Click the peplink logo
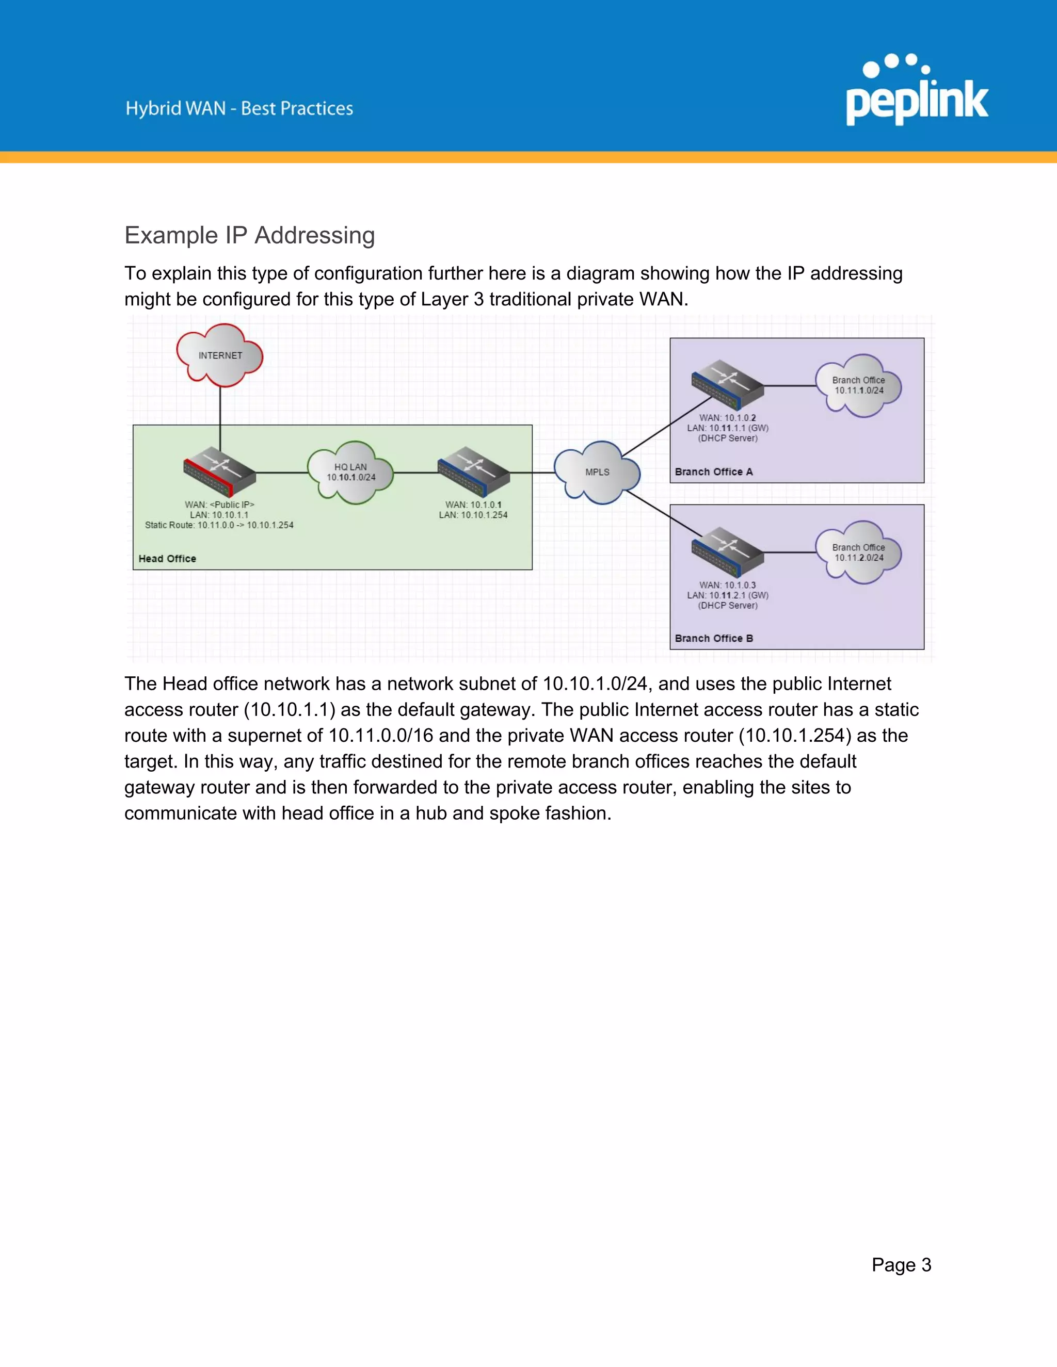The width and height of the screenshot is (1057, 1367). (917, 91)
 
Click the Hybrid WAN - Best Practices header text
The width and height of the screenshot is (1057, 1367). (239, 108)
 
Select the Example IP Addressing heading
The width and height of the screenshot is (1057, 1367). (249, 235)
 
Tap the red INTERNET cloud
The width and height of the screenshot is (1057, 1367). (220, 355)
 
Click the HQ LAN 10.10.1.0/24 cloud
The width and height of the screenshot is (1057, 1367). (350, 473)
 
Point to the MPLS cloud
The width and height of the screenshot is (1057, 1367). (597, 473)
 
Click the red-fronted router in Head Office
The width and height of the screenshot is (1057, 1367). (219, 472)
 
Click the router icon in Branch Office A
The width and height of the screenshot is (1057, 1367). (727, 385)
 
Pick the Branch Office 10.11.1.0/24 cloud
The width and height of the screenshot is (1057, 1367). (858, 385)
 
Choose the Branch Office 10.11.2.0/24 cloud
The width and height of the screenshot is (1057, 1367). (858, 552)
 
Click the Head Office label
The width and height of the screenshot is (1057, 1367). (167, 558)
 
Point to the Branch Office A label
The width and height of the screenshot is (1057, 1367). (713, 472)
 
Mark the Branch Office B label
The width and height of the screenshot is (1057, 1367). (713, 639)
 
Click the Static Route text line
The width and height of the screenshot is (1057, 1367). (219, 525)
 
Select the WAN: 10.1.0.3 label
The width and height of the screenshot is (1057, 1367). (727, 585)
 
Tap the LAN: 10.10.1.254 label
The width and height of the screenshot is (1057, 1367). (473, 515)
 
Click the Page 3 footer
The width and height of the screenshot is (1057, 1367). (901, 1265)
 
